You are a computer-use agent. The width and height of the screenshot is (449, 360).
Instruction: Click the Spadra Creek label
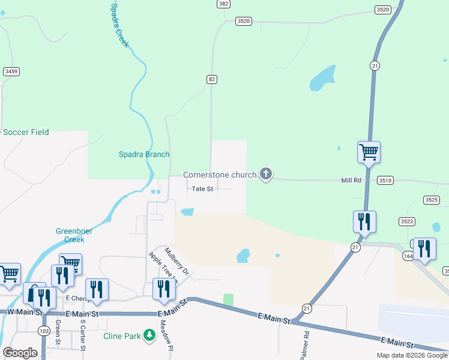point(119,25)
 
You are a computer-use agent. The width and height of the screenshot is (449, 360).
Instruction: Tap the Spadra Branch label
point(144,154)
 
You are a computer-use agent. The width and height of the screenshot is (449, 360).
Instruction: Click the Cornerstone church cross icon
point(266,175)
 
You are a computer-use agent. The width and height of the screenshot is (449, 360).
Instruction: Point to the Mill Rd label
point(351,180)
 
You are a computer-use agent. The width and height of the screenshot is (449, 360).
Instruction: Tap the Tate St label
point(202,189)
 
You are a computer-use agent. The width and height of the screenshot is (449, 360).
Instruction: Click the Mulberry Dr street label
point(177,262)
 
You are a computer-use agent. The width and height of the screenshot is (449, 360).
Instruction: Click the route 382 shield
point(223,4)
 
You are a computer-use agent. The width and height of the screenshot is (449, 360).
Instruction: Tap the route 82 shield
point(211,79)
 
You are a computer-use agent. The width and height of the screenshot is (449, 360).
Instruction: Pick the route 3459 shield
point(11,71)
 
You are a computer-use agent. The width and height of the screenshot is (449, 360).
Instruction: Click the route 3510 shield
point(385,180)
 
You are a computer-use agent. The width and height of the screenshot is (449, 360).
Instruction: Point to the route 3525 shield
point(431,200)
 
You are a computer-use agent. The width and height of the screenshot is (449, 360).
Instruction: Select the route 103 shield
point(43,331)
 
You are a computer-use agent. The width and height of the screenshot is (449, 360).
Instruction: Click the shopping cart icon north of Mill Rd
point(369,152)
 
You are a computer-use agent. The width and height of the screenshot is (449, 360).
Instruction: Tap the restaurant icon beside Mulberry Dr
point(164,289)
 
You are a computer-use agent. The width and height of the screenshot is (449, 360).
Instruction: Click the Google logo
point(20,353)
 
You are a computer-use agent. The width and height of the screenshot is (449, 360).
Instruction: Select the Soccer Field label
point(25,132)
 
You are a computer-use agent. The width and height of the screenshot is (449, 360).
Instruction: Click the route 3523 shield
point(407,221)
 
